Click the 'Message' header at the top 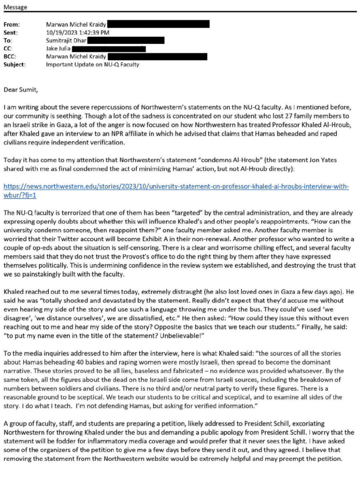coord(16,8)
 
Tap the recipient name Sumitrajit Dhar coord(66,40)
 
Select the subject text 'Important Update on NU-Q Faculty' coord(93,65)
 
